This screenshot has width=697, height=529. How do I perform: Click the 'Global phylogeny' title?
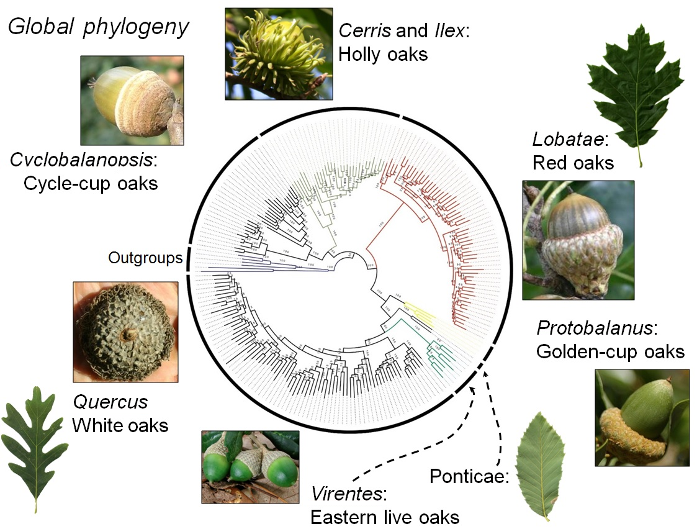pos(98,29)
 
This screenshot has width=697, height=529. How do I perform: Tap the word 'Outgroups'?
pos(145,257)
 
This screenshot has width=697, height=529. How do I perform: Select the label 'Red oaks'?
pos(573,163)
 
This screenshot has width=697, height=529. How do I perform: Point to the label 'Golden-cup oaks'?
pos(610,351)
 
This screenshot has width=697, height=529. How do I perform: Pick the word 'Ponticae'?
pos(469,477)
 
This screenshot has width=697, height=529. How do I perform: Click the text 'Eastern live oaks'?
pos(385,517)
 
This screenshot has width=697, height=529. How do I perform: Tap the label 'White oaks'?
pos(120,425)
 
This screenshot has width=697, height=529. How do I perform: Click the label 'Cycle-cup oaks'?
pos(90,184)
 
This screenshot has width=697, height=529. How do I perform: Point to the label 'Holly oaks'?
pos(383,54)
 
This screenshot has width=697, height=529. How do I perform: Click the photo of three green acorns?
pos(250,466)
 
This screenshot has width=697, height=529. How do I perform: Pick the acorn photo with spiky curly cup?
pos(278,53)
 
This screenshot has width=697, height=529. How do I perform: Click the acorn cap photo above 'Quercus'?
pos(125,332)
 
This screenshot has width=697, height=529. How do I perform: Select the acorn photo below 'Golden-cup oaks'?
pos(642,417)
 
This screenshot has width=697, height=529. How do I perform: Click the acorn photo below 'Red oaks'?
pos(578,240)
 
